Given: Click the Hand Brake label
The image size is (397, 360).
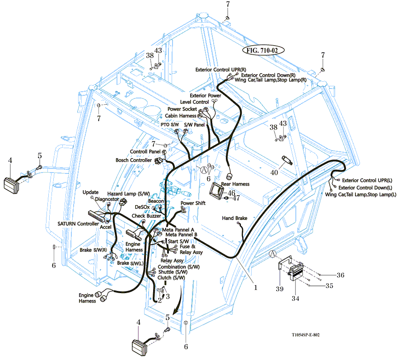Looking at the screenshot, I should [234, 218].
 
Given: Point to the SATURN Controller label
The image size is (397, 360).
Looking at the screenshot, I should [78, 224].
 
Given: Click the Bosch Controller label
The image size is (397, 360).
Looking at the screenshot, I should [134, 160].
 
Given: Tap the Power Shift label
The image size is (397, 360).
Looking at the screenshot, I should [193, 203].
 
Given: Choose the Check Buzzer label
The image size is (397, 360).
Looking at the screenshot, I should [147, 216].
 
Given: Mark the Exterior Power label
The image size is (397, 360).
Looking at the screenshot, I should [206, 96].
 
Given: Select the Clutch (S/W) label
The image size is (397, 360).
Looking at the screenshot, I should [172, 278].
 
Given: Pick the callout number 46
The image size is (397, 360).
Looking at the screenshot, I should [231, 193].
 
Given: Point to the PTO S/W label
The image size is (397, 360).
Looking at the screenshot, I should [170, 124].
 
